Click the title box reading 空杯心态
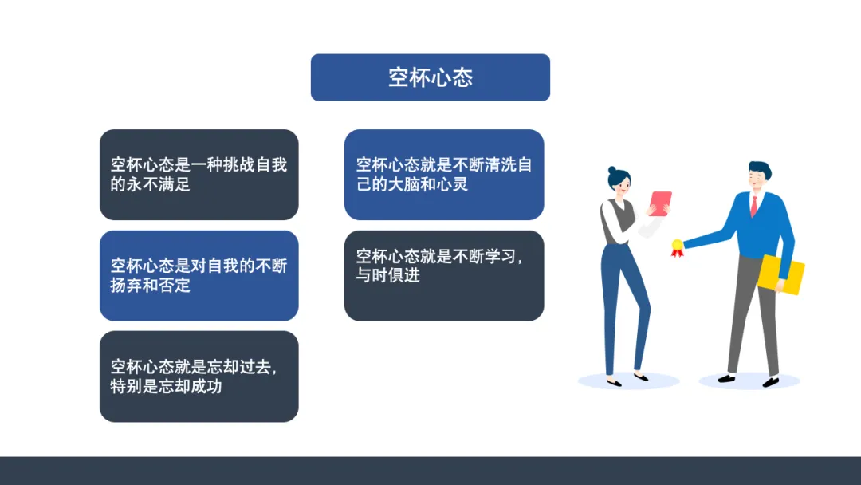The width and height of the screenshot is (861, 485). tap(430, 77)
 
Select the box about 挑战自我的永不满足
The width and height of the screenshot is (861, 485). tap(199, 175)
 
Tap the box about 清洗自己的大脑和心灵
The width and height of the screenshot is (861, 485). tap(444, 175)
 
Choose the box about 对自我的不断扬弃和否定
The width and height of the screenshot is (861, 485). tap(199, 276)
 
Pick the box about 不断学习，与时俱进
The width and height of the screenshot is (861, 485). tap(444, 276)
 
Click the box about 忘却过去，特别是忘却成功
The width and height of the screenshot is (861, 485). tap(199, 377)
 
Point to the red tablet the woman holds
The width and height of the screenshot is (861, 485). tap(660, 203)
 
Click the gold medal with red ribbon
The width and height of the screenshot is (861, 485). tap(677, 248)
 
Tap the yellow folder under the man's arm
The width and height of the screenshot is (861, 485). tap(780, 274)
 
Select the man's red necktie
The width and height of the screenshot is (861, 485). tap(754, 206)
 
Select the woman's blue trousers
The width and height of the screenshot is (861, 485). tap(624, 309)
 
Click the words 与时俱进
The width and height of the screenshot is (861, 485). tap(387, 274)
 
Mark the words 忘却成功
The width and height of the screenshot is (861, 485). tap(190, 386)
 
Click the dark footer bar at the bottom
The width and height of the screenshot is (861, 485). tap(431, 471)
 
